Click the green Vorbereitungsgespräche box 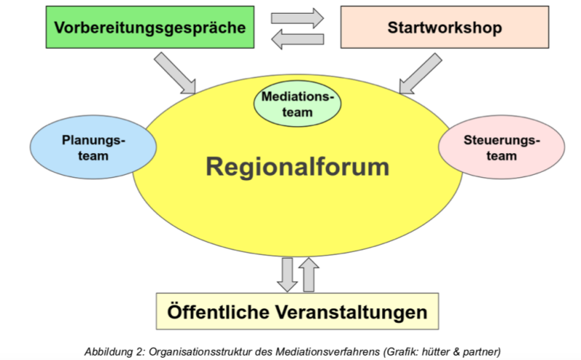pyautogui.click(x=150, y=27)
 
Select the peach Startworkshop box pyautogui.click(x=444, y=27)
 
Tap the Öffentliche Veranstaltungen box pyautogui.click(x=297, y=311)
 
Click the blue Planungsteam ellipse pyautogui.click(x=93, y=147)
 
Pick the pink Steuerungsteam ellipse pyautogui.click(x=502, y=147)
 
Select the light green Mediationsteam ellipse pyautogui.click(x=297, y=104)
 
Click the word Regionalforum pyautogui.click(x=298, y=167)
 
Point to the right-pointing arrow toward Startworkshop pyautogui.click(x=297, y=18)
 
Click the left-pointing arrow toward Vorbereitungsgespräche pyautogui.click(x=297, y=39)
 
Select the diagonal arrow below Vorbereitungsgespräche pyautogui.click(x=175, y=73)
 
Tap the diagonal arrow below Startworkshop pyautogui.click(x=420, y=73)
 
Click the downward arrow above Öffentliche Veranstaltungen pyautogui.click(x=287, y=275)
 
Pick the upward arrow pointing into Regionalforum pyautogui.click(x=309, y=274)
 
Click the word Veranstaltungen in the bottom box pyautogui.click(x=352, y=312)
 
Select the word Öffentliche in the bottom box pyautogui.click(x=219, y=311)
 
